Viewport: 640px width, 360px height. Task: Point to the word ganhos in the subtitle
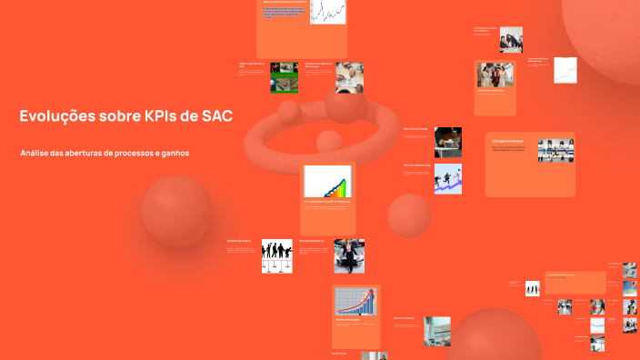coord(172,153)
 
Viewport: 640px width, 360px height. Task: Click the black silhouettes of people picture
coord(276,255)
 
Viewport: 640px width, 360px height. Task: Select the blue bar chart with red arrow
coord(355,301)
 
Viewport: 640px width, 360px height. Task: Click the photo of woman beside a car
coord(349,256)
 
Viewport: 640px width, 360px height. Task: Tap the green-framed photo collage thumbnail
coord(284,78)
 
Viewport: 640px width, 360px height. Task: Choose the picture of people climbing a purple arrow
coord(447,178)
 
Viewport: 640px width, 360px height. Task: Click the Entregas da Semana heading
coord(507,141)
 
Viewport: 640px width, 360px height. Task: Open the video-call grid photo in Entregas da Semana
coord(555,150)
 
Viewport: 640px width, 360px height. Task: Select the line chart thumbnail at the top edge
coord(327,11)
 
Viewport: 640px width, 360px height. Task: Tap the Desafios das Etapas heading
coord(238,241)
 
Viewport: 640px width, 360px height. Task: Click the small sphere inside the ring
coord(326,142)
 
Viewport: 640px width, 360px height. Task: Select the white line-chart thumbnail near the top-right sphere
coord(565,70)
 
